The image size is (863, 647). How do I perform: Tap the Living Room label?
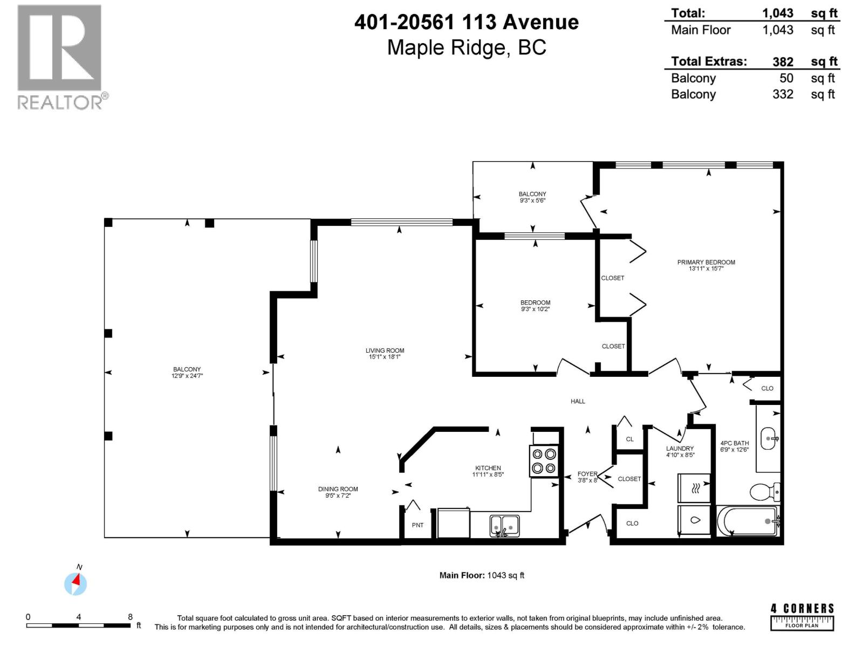pyautogui.click(x=385, y=350)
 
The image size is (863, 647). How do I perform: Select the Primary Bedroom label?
pyautogui.click(x=706, y=262)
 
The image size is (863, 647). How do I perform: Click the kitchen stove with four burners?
pyautogui.click(x=544, y=461)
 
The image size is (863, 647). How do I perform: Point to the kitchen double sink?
pyautogui.click(x=504, y=525)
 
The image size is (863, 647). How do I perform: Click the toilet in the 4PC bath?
pyautogui.click(x=763, y=492)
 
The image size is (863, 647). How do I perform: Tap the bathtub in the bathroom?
pyautogui.click(x=748, y=521)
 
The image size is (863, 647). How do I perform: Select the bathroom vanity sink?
pyautogui.click(x=769, y=438)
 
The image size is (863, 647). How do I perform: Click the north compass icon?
pyautogui.click(x=76, y=583)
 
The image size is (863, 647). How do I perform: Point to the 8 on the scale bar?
pyautogui.click(x=130, y=617)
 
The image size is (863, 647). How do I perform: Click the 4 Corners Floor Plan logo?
pyautogui.click(x=802, y=617)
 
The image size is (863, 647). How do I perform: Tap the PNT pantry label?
pyautogui.click(x=417, y=525)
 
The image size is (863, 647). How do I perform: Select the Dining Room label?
pyautogui.click(x=338, y=489)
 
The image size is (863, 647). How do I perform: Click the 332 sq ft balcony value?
pyautogui.click(x=783, y=94)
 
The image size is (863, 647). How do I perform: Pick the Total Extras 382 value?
pyautogui.click(x=783, y=61)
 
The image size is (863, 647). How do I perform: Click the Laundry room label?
pyautogui.click(x=680, y=448)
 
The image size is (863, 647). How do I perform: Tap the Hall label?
pyautogui.click(x=578, y=401)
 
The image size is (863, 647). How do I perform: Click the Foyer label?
pyautogui.click(x=587, y=474)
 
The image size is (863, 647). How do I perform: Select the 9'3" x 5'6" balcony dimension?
pyautogui.click(x=532, y=201)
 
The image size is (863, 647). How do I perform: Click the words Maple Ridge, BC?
pyautogui.click(x=467, y=47)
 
